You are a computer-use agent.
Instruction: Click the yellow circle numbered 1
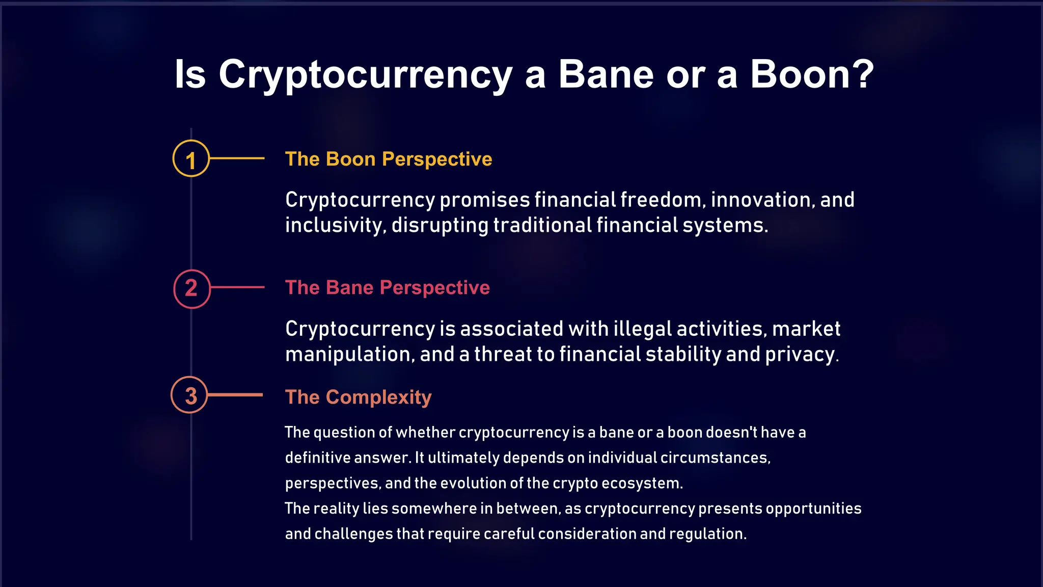[x=191, y=158]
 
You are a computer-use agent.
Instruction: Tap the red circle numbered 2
[x=192, y=288]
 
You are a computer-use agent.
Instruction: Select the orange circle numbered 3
[x=189, y=395]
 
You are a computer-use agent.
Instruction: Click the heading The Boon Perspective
[x=389, y=159]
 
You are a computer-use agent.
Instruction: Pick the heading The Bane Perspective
[x=387, y=287]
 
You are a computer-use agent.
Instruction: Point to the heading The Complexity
[x=358, y=397]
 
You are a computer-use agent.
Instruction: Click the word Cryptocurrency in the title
[x=365, y=75]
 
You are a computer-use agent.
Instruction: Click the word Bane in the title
[x=606, y=74]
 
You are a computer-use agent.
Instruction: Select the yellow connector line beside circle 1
[x=237, y=158]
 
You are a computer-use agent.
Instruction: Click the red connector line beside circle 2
[x=238, y=287]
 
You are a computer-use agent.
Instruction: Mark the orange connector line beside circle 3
[x=235, y=395]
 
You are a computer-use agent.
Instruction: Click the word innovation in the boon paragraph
[x=759, y=200]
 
